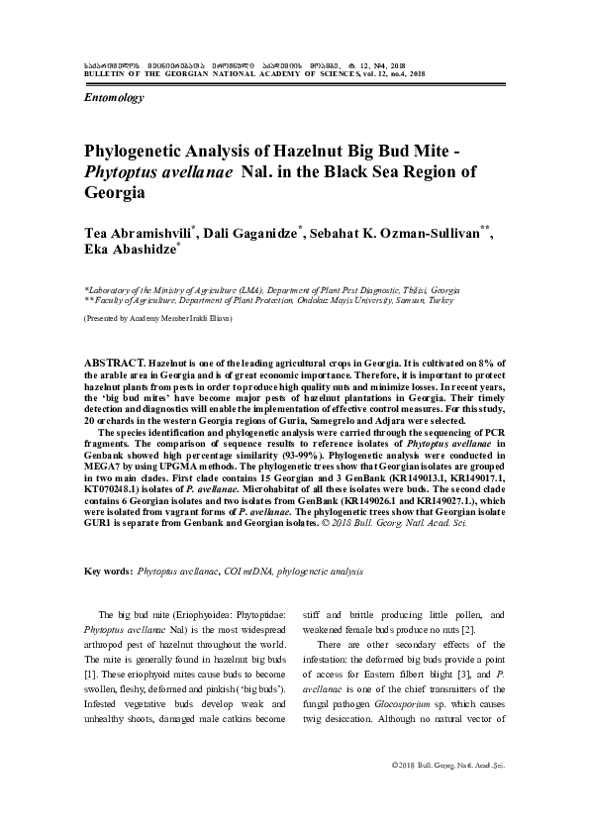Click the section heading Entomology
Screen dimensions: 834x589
pos(115,98)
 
